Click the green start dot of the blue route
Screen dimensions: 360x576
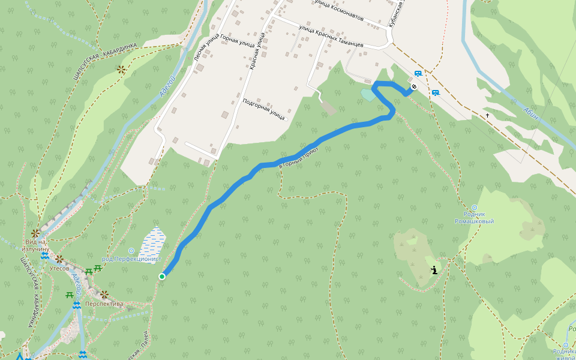click(x=162, y=276)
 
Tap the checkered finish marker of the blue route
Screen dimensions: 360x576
click(x=414, y=87)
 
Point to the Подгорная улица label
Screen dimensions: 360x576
click(x=263, y=109)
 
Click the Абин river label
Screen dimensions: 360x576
click(x=532, y=113)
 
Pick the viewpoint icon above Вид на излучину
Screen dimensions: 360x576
click(x=35, y=233)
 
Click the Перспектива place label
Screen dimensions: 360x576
click(x=104, y=304)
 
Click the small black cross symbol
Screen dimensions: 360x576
click(x=488, y=115)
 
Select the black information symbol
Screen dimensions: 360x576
click(x=434, y=270)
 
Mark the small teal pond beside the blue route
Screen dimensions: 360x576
click(x=367, y=95)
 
